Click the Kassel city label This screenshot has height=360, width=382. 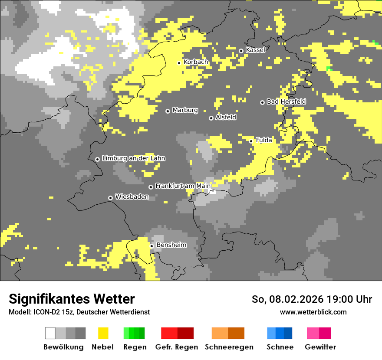click(x=255, y=50)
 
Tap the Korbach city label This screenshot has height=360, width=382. click(x=196, y=62)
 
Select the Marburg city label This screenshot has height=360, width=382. click(x=185, y=110)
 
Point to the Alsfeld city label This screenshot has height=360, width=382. click(x=226, y=117)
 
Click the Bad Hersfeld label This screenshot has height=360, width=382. click(x=286, y=101)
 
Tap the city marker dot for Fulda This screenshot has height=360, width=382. click(x=251, y=141)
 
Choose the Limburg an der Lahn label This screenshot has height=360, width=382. click(x=133, y=158)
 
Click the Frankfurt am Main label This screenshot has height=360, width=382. click(x=183, y=186)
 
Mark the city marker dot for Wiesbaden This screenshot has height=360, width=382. click(x=111, y=198)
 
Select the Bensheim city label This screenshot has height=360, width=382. click(x=171, y=245)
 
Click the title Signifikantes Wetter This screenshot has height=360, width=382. click(x=72, y=299)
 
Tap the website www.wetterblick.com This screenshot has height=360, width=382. click(x=313, y=312)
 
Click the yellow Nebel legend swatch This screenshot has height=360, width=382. click(x=103, y=333)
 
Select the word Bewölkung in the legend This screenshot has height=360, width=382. click(x=63, y=347)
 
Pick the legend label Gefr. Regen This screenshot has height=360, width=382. click(x=177, y=347)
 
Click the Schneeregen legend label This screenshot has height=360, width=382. click(x=229, y=347)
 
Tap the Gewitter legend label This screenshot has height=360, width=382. click(x=320, y=347)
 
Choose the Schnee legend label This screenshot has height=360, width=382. click(x=280, y=347)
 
